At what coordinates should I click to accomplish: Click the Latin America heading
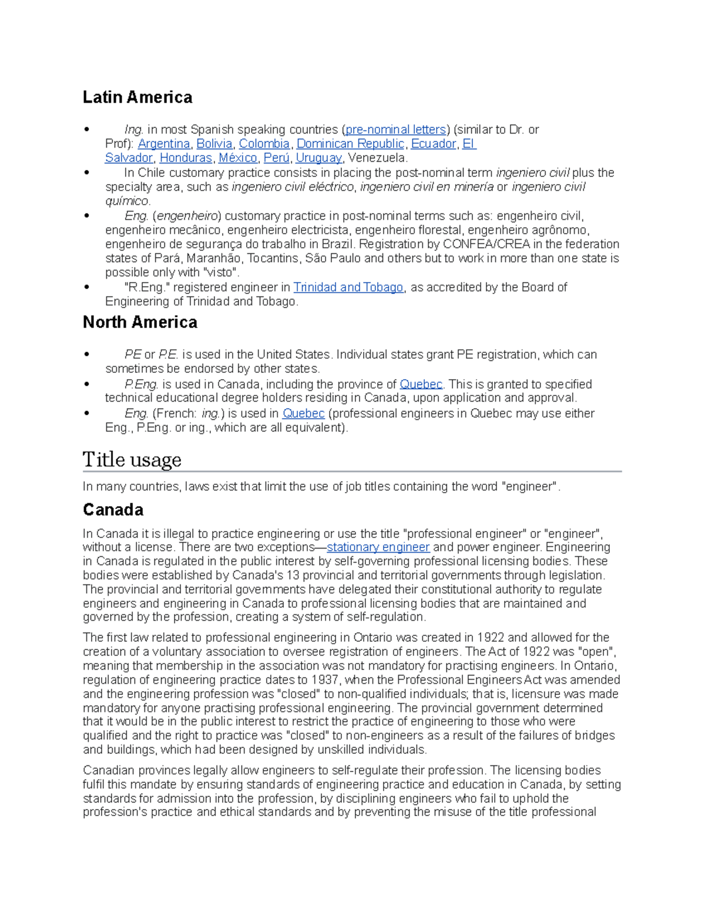point(137,97)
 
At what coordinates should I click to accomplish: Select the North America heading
point(140,322)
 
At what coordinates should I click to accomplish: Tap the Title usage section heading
point(132,459)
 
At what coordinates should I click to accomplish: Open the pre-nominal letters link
point(395,129)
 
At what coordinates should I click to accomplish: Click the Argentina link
point(164,143)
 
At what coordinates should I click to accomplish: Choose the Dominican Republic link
point(350,143)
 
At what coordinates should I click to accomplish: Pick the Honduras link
point(186,158)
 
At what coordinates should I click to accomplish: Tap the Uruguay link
point(318,158)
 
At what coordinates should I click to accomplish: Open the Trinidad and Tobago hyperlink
point(348,287)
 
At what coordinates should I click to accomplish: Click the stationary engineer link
point(378,547)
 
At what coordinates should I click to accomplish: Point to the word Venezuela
point(377,158)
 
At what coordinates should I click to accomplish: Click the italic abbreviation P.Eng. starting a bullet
point(141,384)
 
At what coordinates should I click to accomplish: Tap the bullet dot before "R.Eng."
point(87,287)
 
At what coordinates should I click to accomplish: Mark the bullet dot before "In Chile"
point(87,172)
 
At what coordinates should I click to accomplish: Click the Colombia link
point(264,143)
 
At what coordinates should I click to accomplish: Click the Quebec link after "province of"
point(421,384)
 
